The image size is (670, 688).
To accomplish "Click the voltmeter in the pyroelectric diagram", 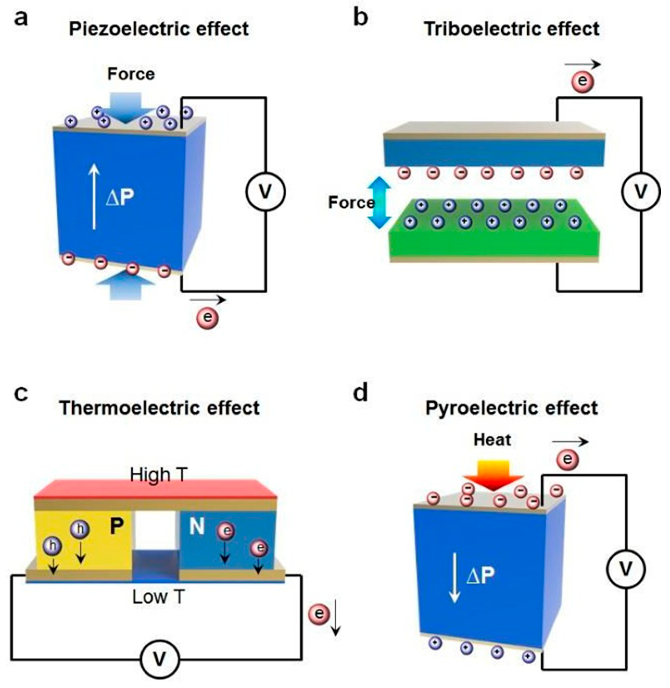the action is (x=626, y=569).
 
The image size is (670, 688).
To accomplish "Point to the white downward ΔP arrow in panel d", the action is (x=455, y=578).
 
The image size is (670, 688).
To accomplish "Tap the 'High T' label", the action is (x=158, y=475).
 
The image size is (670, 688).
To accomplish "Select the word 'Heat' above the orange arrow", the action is (x=492, y=440).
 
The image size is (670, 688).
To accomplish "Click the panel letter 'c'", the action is (x=21, y=394).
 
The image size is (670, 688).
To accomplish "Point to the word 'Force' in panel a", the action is (x=131, y=74).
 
